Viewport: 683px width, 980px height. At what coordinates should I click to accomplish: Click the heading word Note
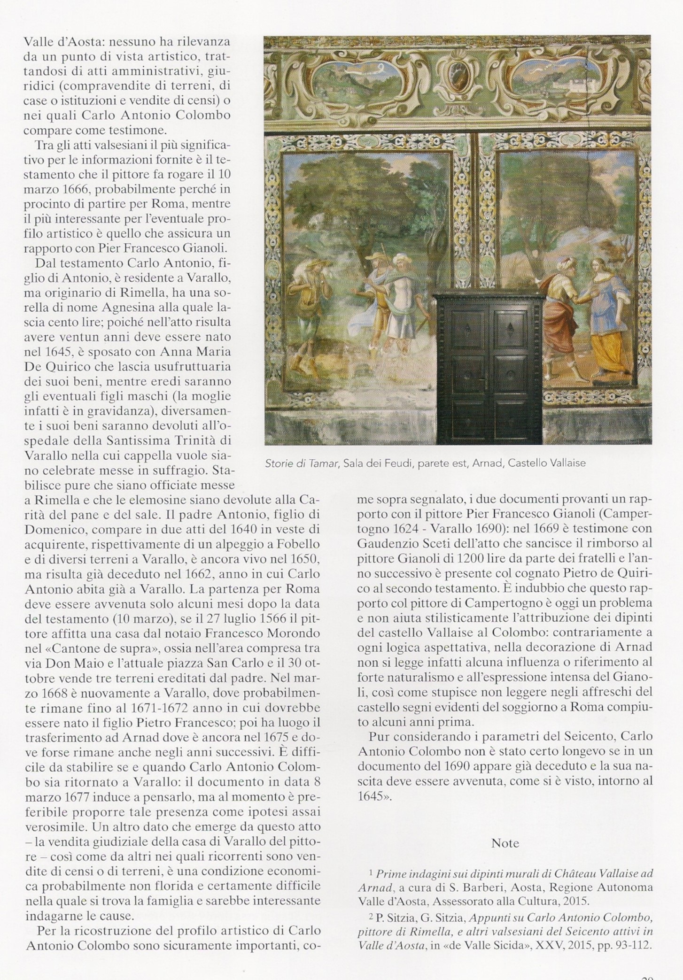tap(505, 843)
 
